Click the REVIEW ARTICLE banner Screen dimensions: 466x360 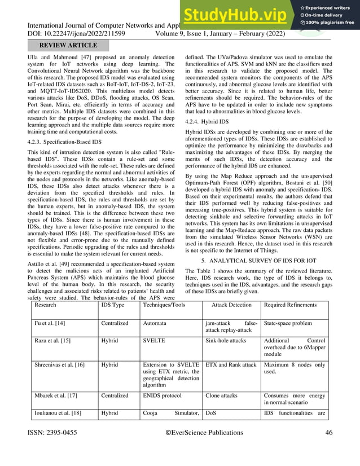tap(69, 45)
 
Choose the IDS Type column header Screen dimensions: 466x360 tap(113, 305)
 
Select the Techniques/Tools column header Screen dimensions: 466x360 tap(164, 305)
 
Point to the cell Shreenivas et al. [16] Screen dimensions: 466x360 tap(60, 365)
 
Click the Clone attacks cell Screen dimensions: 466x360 tap(222, 395)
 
